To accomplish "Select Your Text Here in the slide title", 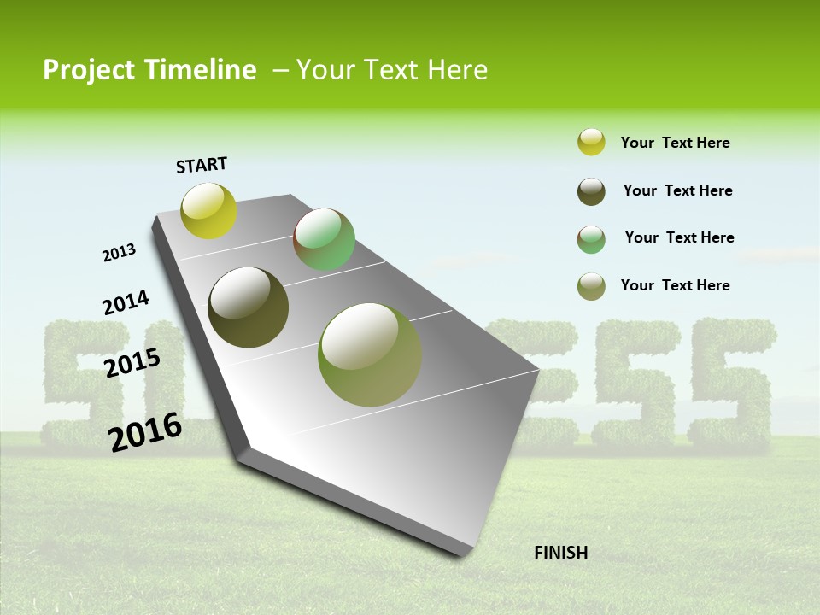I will [391, 70].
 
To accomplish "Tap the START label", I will [202, 165].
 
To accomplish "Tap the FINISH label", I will [560, 553].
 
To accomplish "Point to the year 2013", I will [119, 253].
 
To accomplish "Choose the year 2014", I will [126, 303].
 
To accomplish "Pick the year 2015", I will [132, 363].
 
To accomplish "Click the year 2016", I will [145, 431].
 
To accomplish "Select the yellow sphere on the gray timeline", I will [208, 210].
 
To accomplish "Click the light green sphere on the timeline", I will [324, 239].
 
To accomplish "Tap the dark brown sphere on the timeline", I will [248, 307].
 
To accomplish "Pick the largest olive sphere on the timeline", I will [369, 354].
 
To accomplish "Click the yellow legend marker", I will [591, 143].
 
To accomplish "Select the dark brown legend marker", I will [591, 191].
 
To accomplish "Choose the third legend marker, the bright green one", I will [591, 239].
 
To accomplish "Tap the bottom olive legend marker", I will [591, 286].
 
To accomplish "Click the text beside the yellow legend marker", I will [675, 143].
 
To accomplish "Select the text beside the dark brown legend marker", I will [677, 190].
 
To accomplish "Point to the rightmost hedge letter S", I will [731, 384].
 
